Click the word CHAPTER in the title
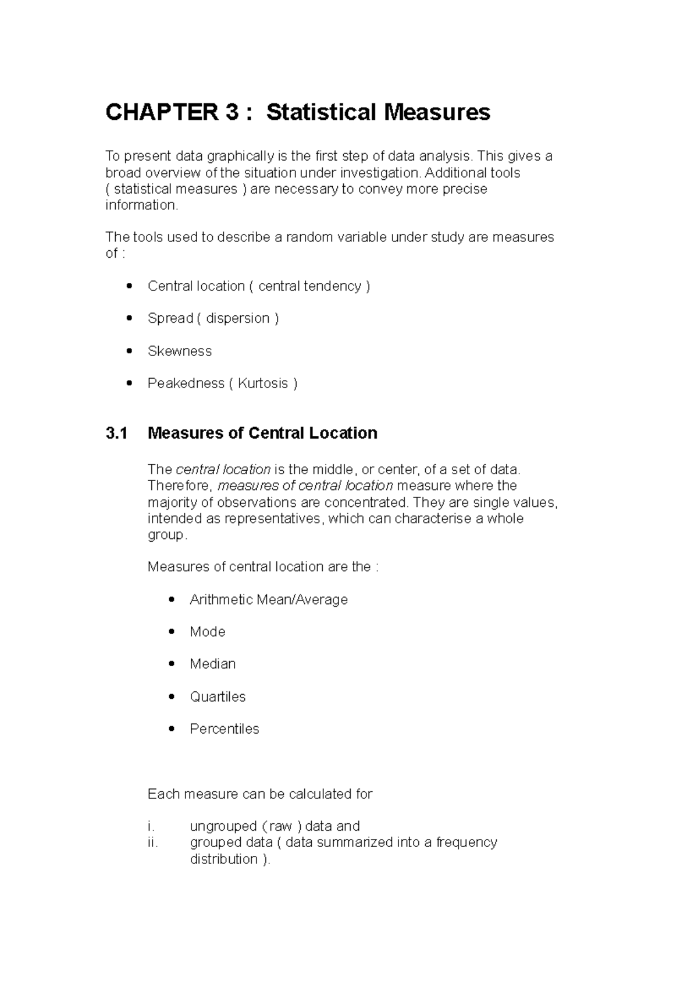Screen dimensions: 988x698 (160, 112)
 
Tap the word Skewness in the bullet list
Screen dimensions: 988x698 (180, 351)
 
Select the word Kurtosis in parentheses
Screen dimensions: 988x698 (263, 383)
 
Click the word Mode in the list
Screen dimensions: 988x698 (207, 632)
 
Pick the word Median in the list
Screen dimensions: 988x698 (212, 664)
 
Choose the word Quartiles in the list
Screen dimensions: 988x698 (218, 697)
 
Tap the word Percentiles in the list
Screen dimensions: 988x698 (224, 729)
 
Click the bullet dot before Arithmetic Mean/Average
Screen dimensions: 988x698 (172, 599)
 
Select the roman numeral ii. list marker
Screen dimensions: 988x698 (152, 843)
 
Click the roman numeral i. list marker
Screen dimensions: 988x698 (151, 826)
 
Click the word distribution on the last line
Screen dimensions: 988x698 (223, 859)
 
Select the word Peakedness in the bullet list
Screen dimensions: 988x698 (186, 383)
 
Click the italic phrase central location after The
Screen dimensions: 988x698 (223, 470)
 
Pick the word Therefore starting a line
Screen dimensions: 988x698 (180, 486)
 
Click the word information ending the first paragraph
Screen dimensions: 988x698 (140, 205)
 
